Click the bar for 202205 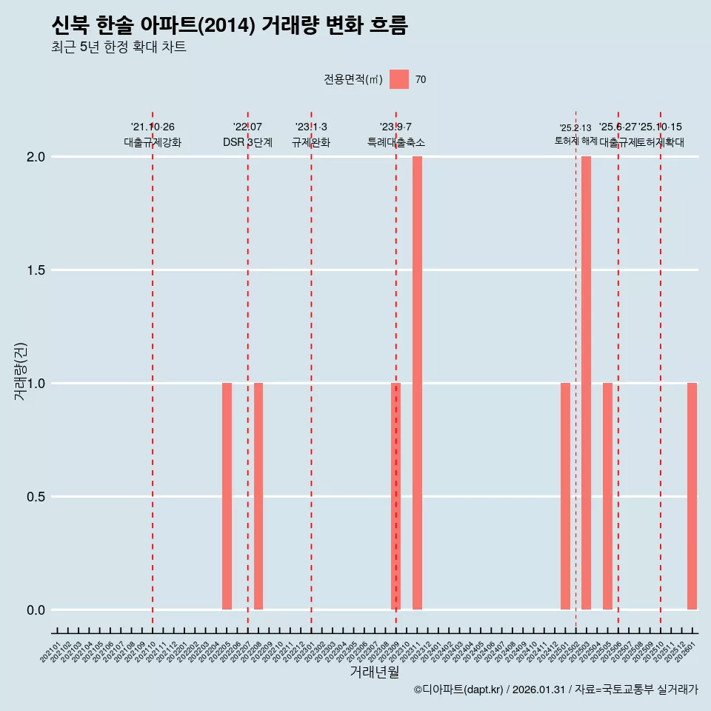(227, 496)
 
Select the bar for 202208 (258, 496)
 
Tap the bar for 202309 (395, 496)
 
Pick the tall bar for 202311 (417, 383)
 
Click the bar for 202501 (565, 496)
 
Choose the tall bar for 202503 (586, 383)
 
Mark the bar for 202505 (607, 496)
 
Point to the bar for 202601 (692, 496)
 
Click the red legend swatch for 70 (399, 79)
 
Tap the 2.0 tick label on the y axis (36, 157)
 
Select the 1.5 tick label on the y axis (36, 270)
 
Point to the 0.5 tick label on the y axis (36, 497)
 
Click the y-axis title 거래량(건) (21, 372)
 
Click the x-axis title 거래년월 (374, 672)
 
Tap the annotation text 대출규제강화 (153, 142)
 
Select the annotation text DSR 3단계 (247, 142)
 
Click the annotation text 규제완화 (311, 142)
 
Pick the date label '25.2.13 (575, 128)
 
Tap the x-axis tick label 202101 (50, 654)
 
